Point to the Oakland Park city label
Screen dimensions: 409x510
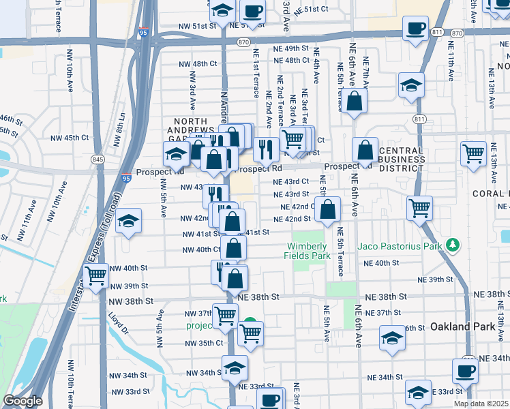(462, 327)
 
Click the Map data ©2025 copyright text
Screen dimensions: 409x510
(481, 404)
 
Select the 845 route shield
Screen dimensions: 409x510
(99, 160)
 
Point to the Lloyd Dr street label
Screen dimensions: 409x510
(117, 323)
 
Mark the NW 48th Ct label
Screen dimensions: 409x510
(197, 63)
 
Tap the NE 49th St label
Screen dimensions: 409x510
(297, 48)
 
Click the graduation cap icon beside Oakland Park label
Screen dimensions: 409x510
(392, 337)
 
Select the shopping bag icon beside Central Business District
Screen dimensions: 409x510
(365, 149)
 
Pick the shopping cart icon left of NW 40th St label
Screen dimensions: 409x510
(95, 275)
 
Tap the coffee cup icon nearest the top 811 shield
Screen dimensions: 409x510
(415, 29)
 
